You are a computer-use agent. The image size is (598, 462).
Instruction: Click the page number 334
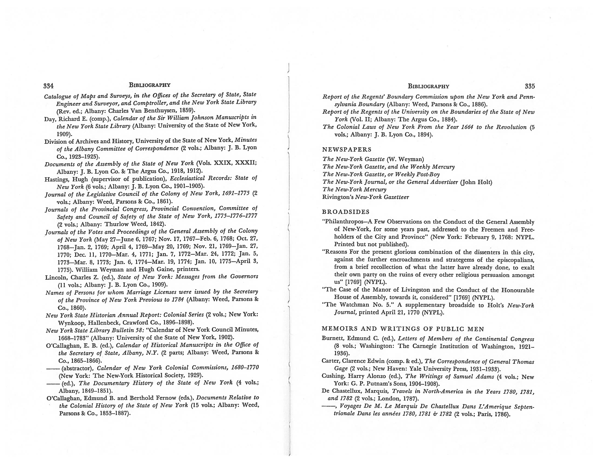pyautogui.click(x=48, y=86)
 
